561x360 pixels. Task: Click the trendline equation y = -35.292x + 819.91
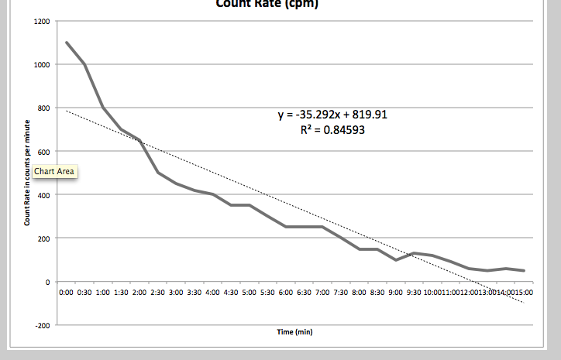tap(332, 115)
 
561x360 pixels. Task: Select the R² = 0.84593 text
tap(332, 130)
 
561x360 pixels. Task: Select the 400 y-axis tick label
tap(44, 195)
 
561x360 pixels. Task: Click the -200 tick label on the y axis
tap(43, 325)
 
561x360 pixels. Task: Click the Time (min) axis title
tap(294, 331)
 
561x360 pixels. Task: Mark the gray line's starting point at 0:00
tap(67, 43)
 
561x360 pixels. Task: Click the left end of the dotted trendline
tap(67, 111)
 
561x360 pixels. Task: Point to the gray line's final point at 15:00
tap(524, 271)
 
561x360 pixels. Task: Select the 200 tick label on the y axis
tap(44, 238)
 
